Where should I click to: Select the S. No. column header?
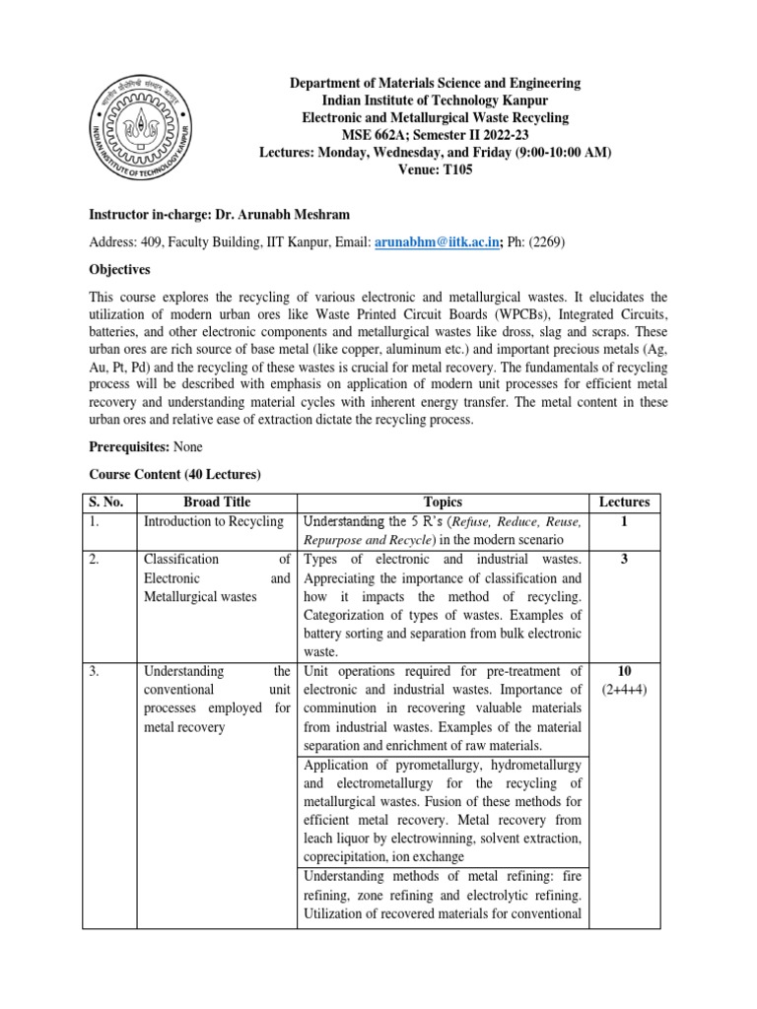(105, 502)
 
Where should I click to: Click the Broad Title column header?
(215, 502)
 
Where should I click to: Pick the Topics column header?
(441, 502)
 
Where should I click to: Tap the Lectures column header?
(623, 502)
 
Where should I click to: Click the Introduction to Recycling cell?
(213, 520)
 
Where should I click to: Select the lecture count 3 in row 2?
(623, 559)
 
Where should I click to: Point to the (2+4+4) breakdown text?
(623, 690)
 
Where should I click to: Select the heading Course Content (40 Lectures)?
(175, 474)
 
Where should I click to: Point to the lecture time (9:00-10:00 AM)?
(555, 152)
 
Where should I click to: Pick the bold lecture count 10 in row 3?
(623, 671)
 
